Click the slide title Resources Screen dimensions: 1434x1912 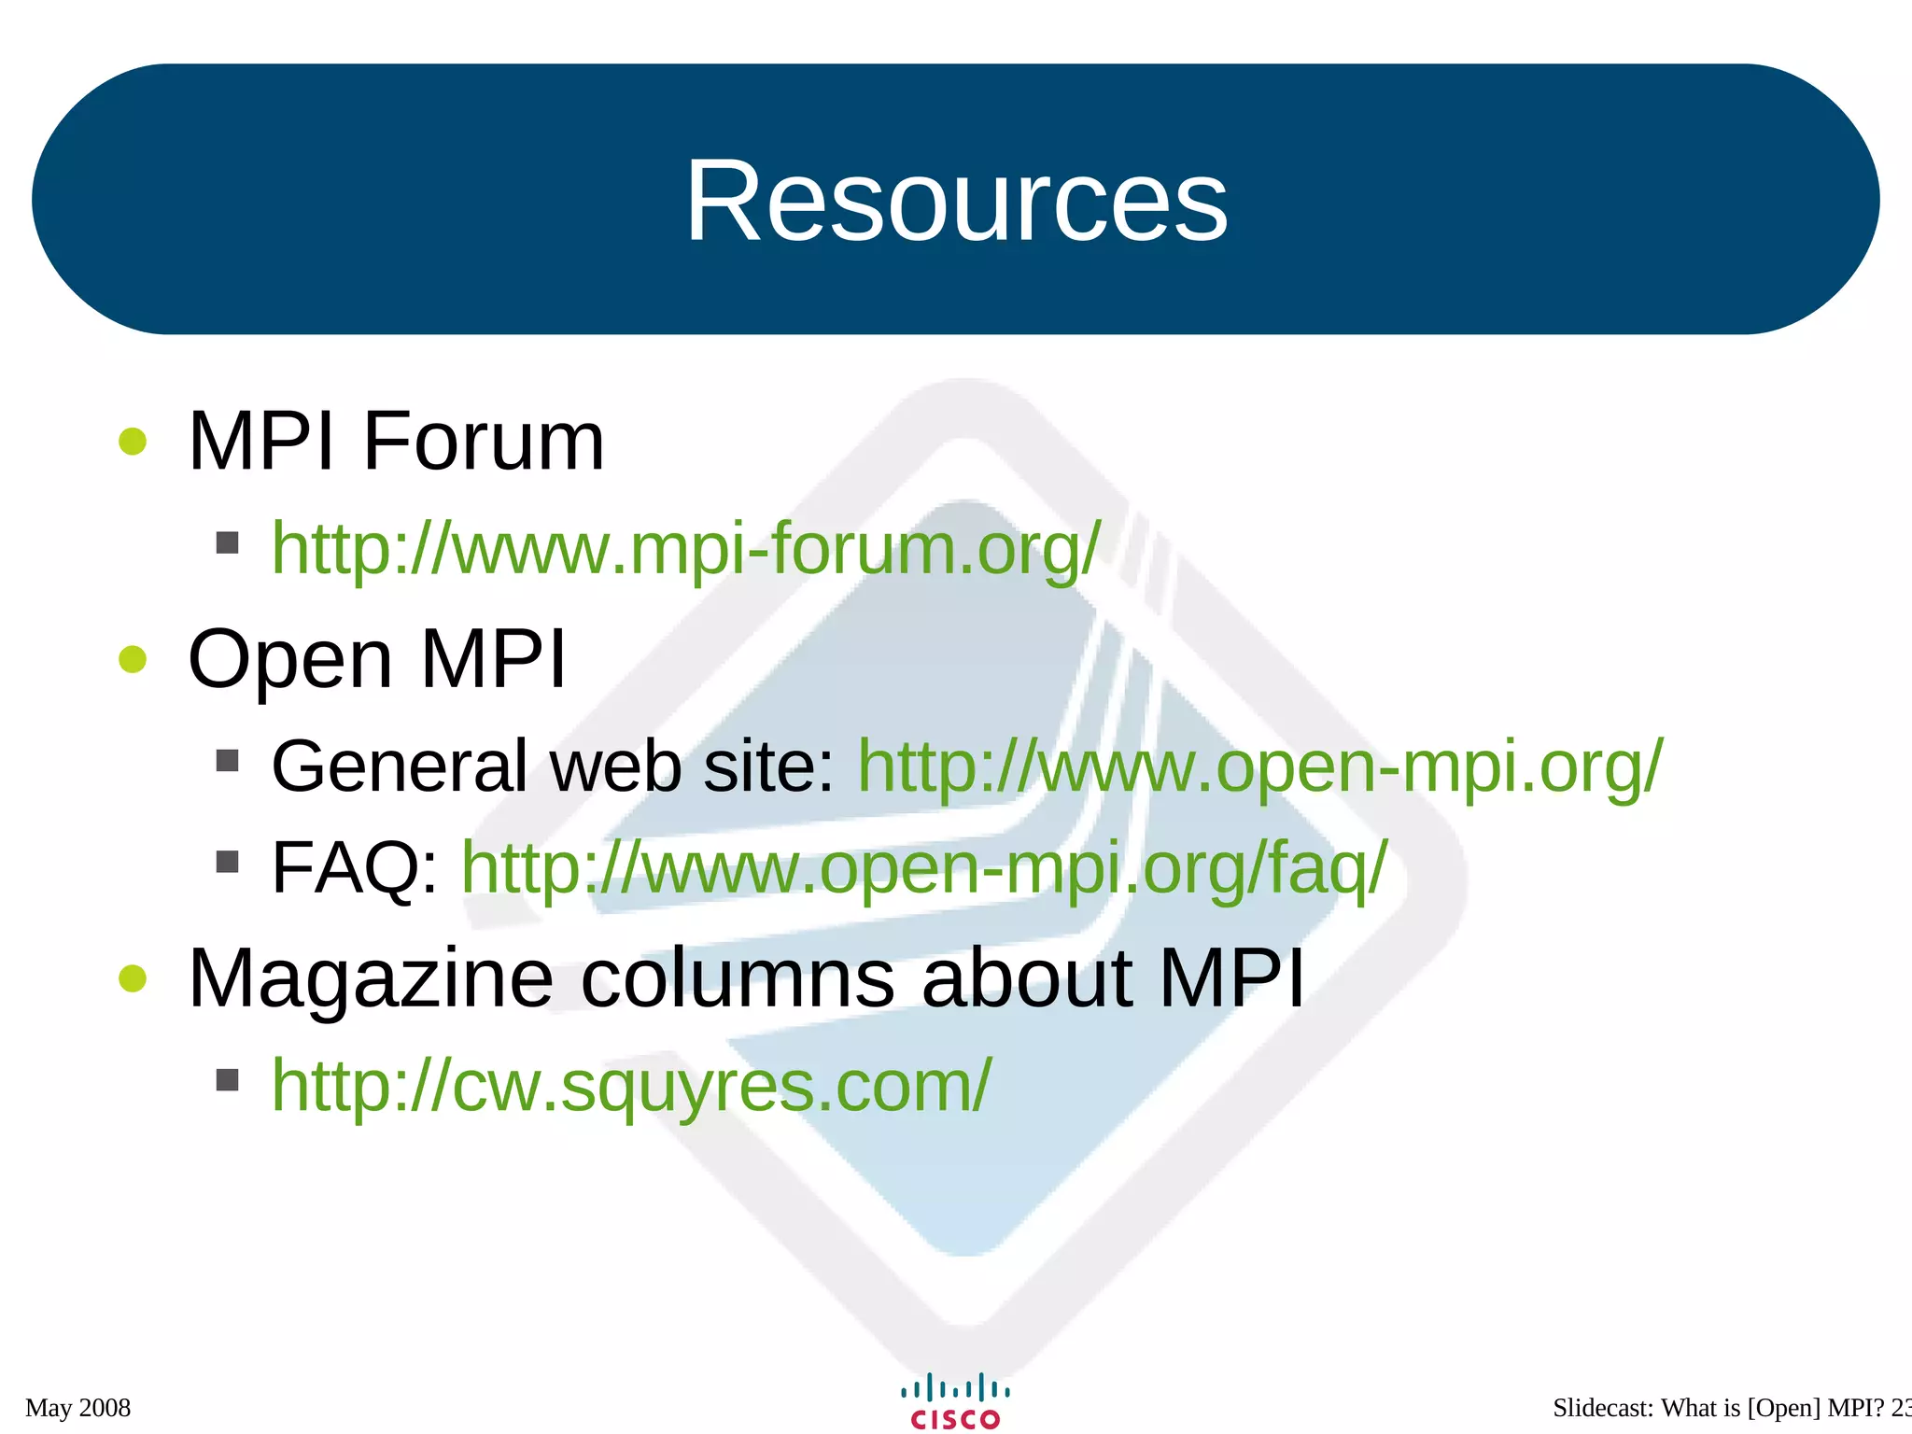click(x=956, y=201)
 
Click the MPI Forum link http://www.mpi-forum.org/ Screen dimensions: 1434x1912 click(x=686, y=549)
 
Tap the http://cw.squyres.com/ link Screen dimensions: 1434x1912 click(x=631, y=1085)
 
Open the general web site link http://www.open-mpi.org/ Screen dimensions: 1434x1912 click(x=1259, y=766)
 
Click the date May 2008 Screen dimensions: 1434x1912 click(x=78, y=1407)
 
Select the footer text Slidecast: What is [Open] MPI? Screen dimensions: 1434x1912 click(x=1718, y=1407)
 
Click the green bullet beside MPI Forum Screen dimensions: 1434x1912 click(x=134, y=442)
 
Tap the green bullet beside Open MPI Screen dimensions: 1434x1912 click(x=134, y=659)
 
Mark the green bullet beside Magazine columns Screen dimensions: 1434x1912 click(x=134, y=978)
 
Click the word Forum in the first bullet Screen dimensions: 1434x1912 click(x=484, y=442)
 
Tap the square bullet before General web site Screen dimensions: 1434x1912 click(x=227, y=760)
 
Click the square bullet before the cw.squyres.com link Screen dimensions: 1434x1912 click(x=227, y=1080)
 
